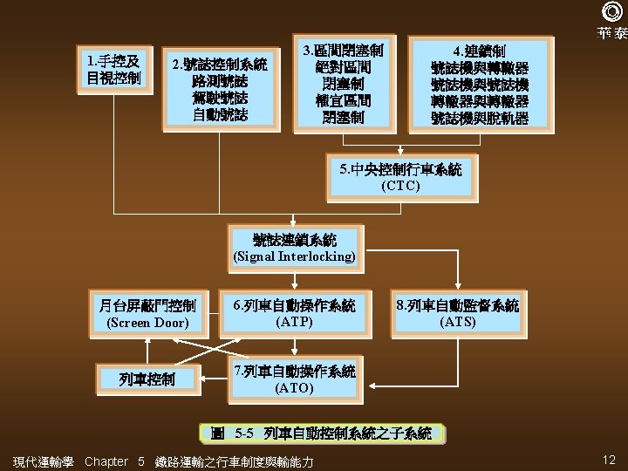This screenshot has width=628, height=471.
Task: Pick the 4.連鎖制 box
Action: click(480, 85)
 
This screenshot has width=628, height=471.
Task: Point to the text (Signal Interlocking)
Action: click(294, 256)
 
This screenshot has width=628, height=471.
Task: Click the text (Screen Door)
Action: click(147, 323)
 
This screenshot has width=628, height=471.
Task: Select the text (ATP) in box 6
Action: click(294, 322)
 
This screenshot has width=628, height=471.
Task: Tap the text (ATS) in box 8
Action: click(458, 322)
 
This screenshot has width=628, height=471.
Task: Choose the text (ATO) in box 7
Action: click(294, 387)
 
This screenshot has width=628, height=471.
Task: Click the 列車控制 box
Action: click(147, 379)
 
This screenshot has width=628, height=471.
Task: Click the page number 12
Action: click(609, 460)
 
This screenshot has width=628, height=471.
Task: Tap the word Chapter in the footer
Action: click(106, 461)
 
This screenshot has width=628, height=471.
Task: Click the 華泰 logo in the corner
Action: click(611, 22)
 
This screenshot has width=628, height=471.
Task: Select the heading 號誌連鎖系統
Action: click(294, 239)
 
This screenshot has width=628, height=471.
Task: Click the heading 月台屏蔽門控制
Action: click(147, 305)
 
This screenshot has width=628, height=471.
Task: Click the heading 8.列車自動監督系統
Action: click(458, 305)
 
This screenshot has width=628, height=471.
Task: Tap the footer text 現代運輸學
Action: click(44, 461)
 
